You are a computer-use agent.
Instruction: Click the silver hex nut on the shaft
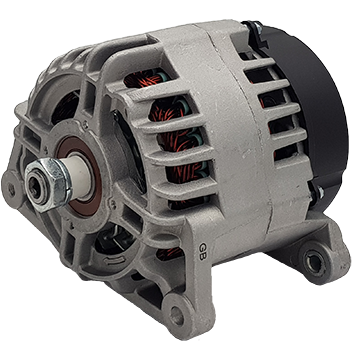(x=48, y=184)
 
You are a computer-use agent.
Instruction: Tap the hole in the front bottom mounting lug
(x=176, y=315)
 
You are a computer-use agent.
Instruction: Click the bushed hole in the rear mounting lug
(x=313, y=262)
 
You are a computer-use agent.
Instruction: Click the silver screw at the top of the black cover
(x=258, y=28)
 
